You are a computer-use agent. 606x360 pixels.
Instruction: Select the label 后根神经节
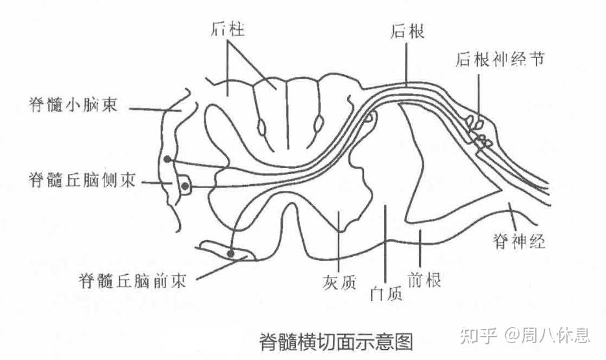point(499,59)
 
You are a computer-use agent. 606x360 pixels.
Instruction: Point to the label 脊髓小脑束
point(73,104)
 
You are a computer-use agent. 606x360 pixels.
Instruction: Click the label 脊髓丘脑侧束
point(82,180)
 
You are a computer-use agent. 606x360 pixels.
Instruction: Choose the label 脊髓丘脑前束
point(132,281)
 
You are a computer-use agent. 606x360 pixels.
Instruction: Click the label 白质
point(385,293)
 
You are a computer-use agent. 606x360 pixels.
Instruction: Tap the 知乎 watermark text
point(478,335)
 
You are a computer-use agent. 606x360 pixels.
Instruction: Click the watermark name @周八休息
point(548,335)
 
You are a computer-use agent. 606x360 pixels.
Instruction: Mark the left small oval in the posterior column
point(261,126)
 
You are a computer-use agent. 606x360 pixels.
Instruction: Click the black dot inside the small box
point(185,187)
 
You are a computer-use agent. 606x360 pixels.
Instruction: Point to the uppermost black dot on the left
point(168,159)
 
